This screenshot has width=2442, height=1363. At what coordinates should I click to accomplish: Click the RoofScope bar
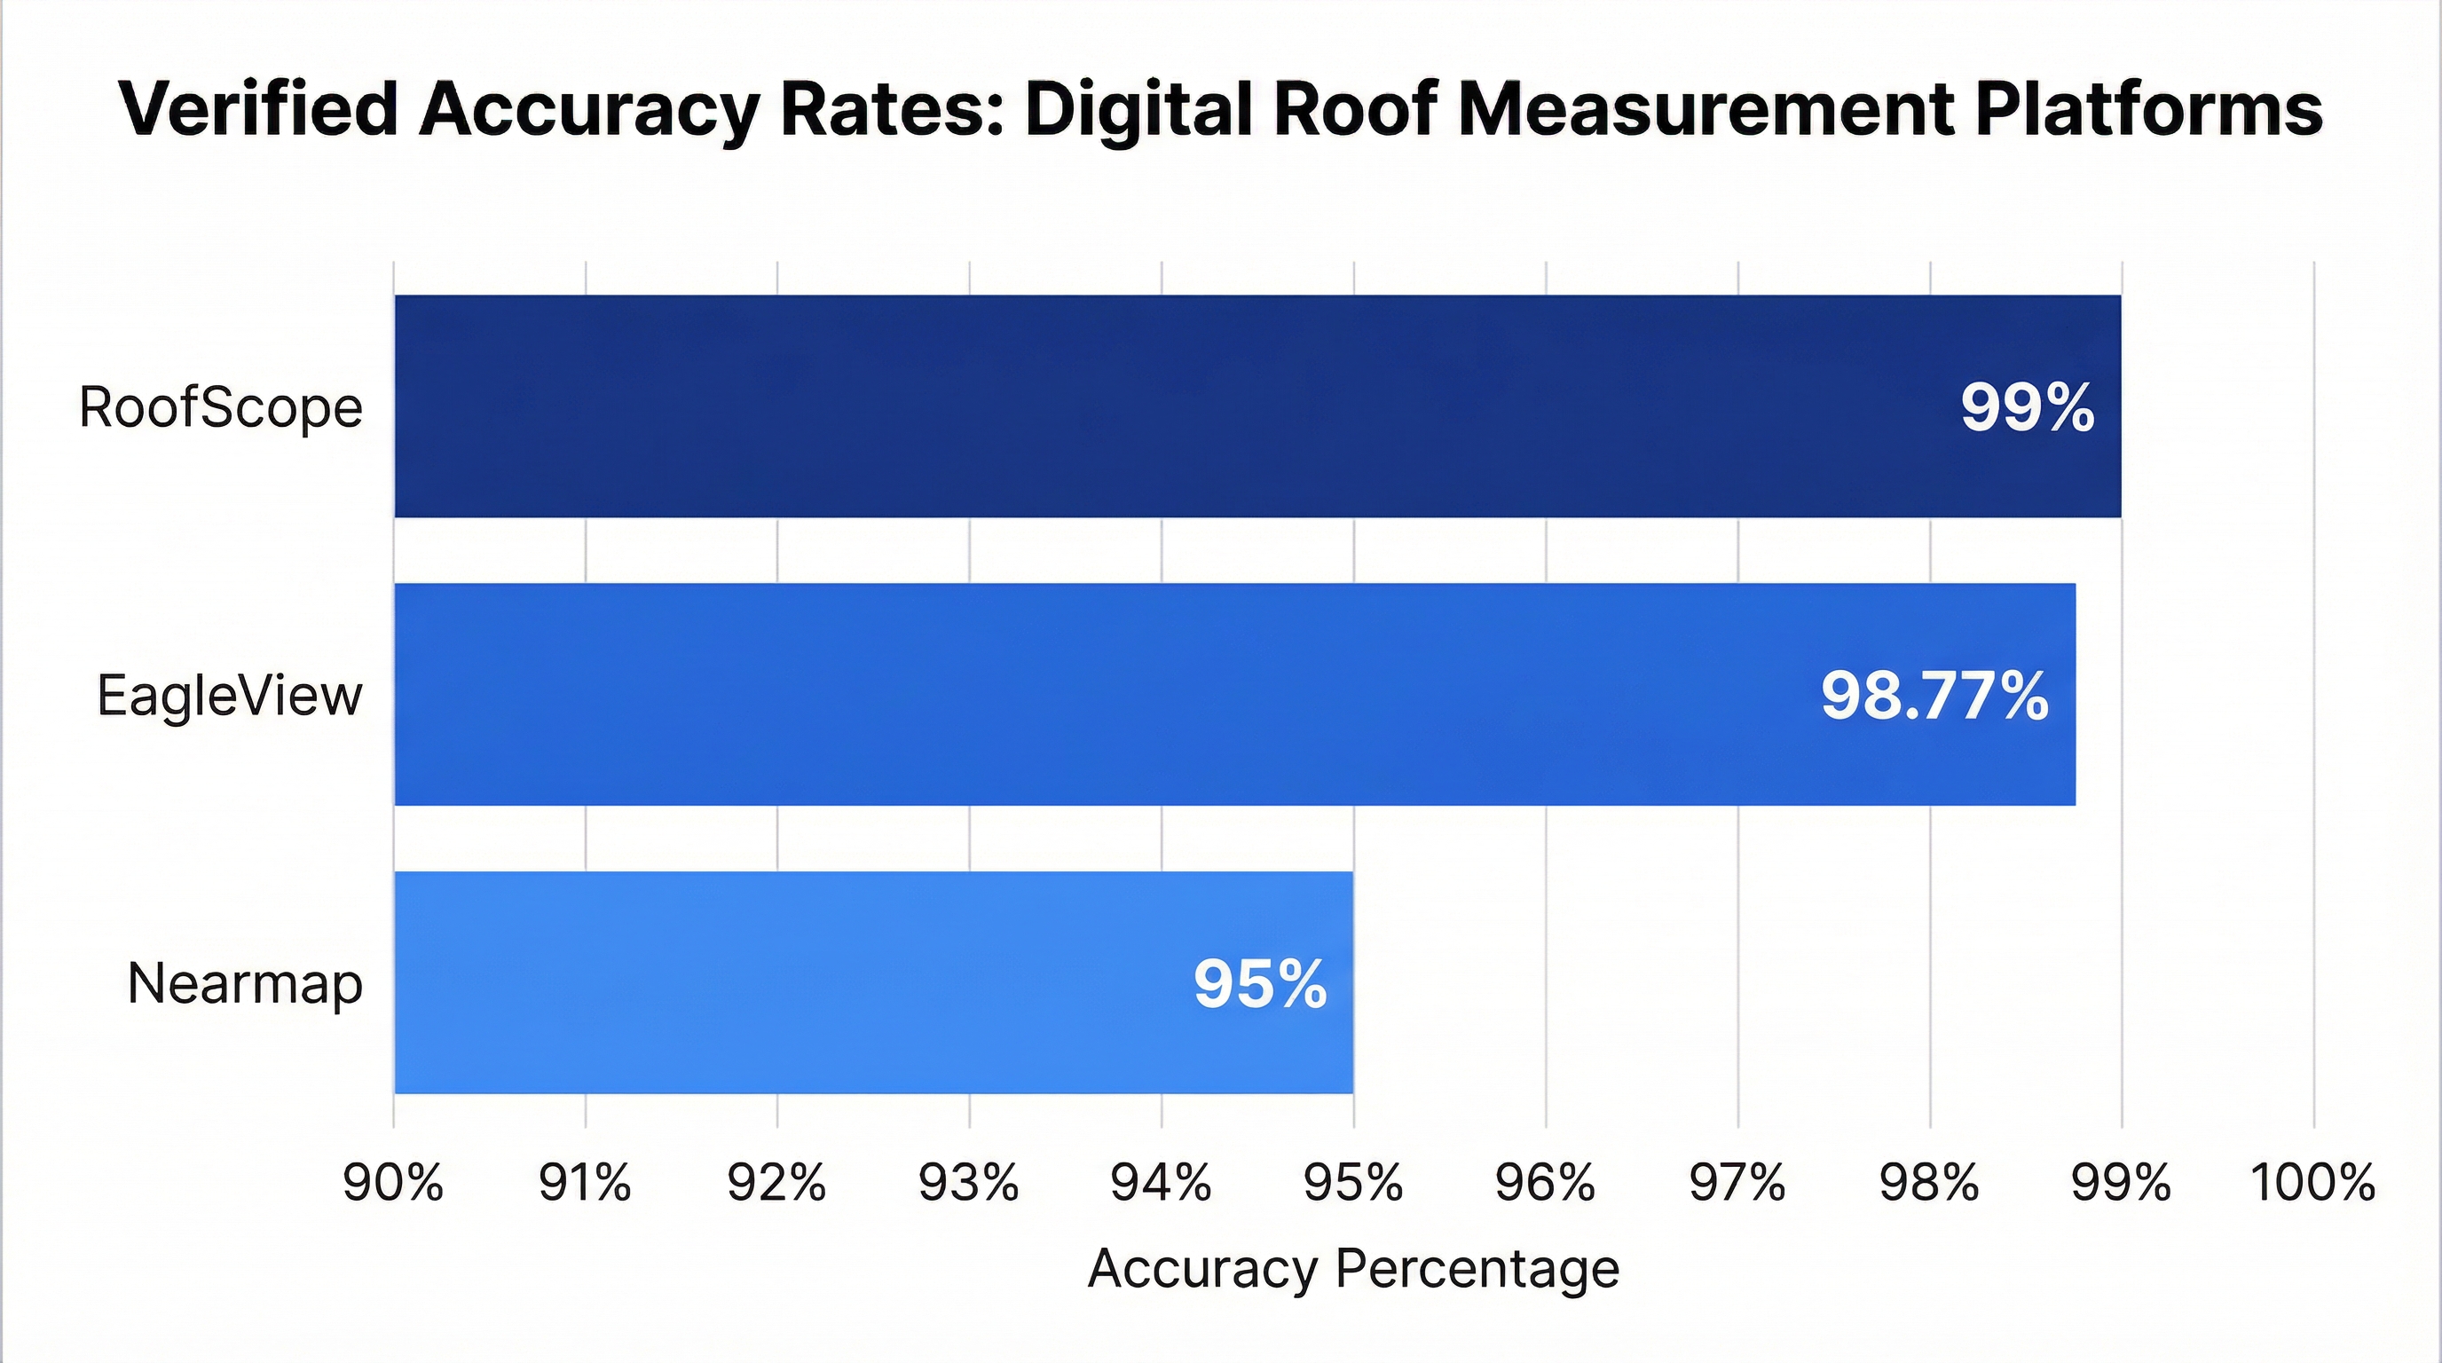1138,406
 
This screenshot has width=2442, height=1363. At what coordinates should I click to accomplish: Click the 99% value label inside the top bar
2027,408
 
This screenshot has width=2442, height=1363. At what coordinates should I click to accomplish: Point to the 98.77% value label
1934,696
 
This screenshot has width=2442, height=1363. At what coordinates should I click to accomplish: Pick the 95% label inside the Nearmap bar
1260,984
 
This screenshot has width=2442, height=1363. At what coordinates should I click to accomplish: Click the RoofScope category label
221,408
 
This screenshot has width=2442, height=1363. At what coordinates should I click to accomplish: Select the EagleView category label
230,696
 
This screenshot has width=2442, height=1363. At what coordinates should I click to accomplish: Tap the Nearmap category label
245,984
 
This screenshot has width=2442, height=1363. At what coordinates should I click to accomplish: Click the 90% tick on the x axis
393,1183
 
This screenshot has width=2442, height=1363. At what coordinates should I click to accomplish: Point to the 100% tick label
2312,1183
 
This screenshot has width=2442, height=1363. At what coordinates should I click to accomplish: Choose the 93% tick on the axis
969,1183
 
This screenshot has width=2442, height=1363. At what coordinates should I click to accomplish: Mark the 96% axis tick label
1545,1183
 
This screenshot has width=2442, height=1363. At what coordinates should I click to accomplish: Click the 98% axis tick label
1929,1183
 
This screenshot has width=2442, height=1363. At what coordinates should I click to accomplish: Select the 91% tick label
585,1183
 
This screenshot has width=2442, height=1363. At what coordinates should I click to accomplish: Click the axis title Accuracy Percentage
1352,1269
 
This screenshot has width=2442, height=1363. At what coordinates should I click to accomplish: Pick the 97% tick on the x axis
1737,1183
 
